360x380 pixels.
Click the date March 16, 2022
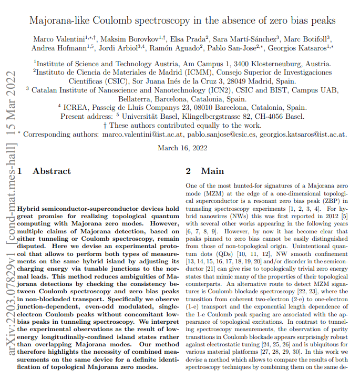(182, 148)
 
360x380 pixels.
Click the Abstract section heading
(52, 171)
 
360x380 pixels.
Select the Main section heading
(212, 171)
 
